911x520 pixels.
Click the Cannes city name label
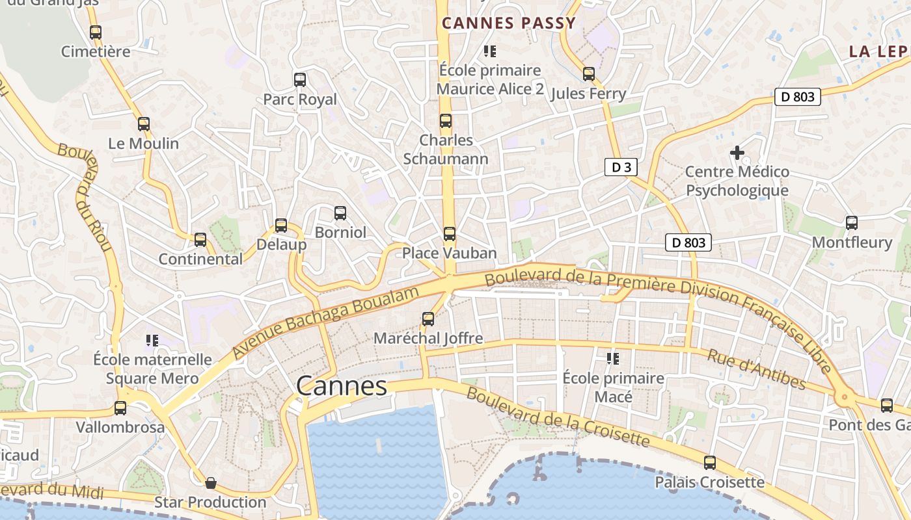pos(342,386)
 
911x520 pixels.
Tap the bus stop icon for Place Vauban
pos(449,234)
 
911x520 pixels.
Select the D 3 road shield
pos(621,167)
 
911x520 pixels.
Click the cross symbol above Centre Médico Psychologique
pos(737,153)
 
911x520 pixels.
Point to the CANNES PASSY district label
pos(509,23)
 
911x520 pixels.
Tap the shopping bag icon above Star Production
pos(210,483)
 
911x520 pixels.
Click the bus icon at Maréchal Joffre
pos(428,319)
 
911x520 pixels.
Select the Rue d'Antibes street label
pos(756,369)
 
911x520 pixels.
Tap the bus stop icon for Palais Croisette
pos(709,463)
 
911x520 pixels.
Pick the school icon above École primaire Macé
pos(612,359)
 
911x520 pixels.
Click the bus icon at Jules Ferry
pos(588,74)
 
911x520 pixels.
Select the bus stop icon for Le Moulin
pos(143,124)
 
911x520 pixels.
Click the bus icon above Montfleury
pos(851,223)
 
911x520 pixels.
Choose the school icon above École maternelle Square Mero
pos(152,340)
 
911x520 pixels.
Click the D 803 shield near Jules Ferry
pos(797,97)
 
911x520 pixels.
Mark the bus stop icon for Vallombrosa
pos(120,408)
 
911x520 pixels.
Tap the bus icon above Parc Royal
pos(299,80)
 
